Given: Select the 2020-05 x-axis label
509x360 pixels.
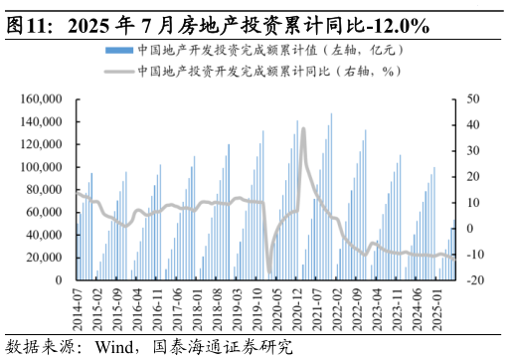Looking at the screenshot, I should tap(269, 311).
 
